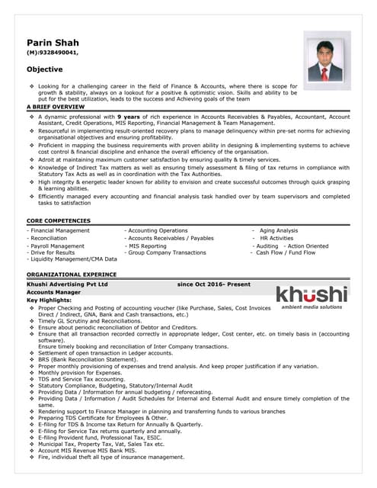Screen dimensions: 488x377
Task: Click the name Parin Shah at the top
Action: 53,42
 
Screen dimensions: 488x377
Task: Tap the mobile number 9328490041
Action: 56,53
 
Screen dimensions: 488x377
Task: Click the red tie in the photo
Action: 324,73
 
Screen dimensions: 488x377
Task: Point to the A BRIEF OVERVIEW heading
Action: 56,107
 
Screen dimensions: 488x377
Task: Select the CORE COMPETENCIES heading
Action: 59,220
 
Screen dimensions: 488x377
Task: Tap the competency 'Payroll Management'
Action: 57,246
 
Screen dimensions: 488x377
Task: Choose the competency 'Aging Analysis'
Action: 279,230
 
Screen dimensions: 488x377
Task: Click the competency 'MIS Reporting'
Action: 147,246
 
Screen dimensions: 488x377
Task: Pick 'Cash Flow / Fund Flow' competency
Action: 286,252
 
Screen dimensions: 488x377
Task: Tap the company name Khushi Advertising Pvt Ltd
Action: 67,284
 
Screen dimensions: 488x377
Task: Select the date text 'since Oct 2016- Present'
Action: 213,284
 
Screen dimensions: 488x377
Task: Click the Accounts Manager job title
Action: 53,292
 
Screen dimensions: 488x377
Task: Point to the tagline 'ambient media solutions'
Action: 312,307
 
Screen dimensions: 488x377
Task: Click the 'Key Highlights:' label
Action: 50,300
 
